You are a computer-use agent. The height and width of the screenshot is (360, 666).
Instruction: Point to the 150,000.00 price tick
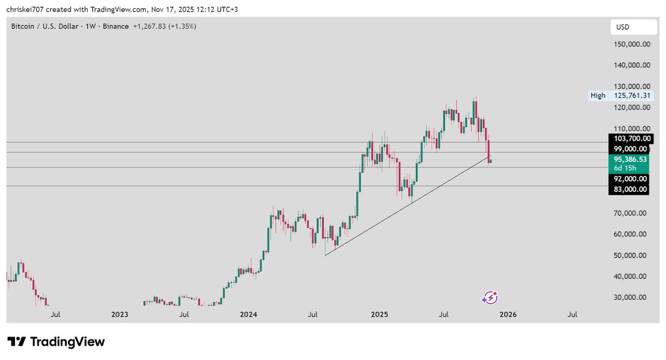(631, 44)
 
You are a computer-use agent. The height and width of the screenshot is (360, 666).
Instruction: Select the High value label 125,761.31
(631, 95)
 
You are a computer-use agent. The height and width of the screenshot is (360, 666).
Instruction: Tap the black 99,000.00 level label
(630, 149)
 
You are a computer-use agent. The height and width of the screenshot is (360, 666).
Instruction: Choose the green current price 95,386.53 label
(630, 159)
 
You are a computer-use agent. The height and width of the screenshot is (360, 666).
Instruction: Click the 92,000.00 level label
(630, 179)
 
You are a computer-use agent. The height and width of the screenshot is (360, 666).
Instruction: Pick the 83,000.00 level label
(630, 189)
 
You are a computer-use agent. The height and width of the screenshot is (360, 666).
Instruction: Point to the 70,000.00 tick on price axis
(631, 213)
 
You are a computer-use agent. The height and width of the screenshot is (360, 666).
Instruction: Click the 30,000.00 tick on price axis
(631, 297)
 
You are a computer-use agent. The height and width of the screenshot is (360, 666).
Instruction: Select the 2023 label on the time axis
(119, 315)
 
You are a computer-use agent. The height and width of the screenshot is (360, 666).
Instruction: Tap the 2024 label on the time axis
(248, 315)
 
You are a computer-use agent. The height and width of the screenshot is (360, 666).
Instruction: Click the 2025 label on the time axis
(379, 315)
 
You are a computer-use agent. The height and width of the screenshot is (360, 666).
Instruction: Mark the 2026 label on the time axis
(508, 315)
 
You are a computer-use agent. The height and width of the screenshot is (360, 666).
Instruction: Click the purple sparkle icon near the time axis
(489, 298)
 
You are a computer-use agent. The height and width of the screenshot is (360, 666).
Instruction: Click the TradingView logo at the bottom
(56, 342)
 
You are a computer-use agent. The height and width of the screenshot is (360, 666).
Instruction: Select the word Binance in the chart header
(115, 26)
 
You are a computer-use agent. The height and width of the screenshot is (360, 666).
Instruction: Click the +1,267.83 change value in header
(152, 26)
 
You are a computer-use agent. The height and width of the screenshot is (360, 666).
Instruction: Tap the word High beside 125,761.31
(598, 95)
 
